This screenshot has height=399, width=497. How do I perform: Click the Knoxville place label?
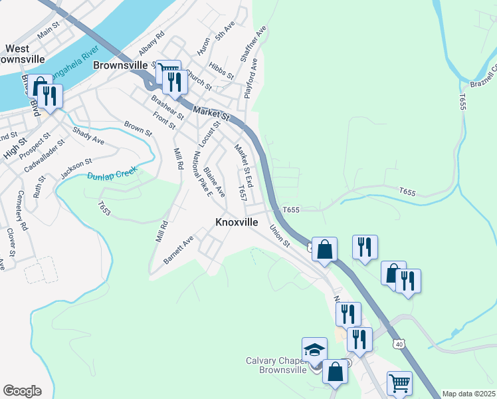coord(237,223)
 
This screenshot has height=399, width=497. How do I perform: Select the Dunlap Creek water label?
coord(112,173)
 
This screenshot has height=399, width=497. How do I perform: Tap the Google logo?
coord(22,391)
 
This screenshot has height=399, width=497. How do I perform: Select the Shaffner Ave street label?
coord(257,43)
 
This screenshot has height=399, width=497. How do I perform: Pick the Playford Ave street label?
coord(250,82)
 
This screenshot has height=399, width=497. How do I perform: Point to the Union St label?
coord(280,235)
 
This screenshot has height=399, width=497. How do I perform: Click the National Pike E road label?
coord(201,174)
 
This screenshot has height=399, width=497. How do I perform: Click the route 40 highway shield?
coord(398,343)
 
